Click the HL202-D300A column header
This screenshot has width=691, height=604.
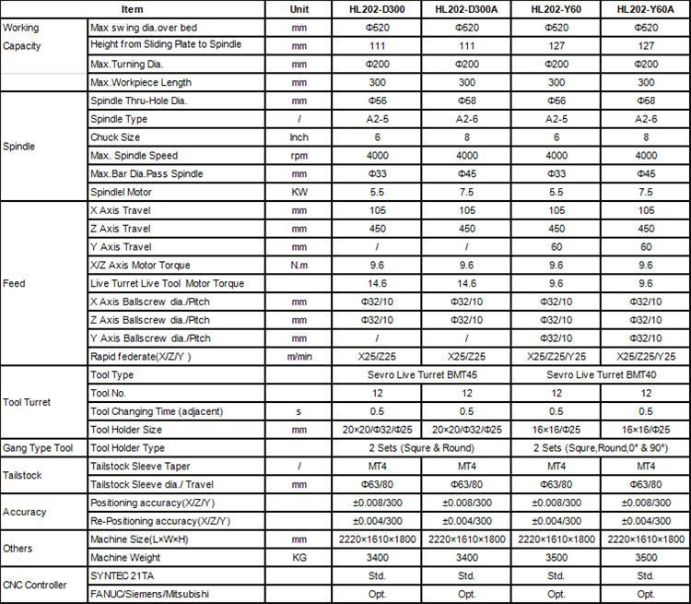coord(467,9)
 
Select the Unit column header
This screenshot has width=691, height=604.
coord(299,9)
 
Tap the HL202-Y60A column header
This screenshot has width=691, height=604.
coord(646,9)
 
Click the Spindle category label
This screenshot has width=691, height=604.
coord(19,147)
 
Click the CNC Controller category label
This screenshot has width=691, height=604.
coord(34,585)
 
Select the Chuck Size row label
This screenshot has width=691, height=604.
coord(115,137)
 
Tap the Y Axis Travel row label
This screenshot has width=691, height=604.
coord(121,247)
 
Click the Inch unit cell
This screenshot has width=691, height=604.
coord(299,137)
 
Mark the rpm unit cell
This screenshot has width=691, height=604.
coord(299,156)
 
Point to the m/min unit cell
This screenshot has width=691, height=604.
coord(299,357)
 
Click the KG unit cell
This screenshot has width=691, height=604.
coord(299,558)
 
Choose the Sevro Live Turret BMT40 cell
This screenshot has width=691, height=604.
coord(600,375)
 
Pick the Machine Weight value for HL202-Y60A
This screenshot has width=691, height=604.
coord(646,558)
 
